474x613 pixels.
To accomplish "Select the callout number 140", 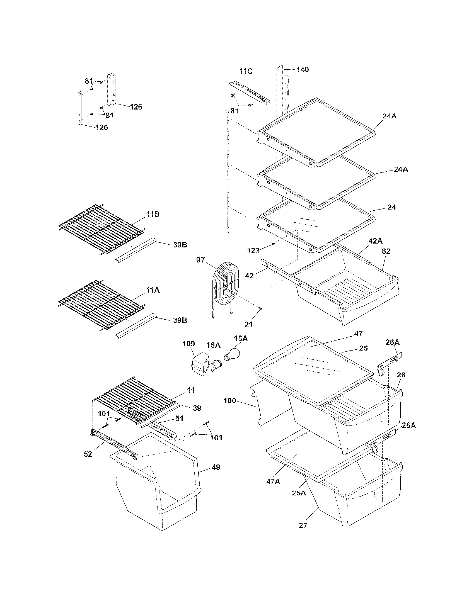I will (x=303, y=70).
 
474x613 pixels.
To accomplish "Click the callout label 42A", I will (x=376, y=241).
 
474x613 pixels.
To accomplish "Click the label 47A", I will (x=273, y=481).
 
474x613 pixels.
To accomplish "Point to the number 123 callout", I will (x=253, y=251).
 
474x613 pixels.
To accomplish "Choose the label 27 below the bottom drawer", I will (x=303, y=525).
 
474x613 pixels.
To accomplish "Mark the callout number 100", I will (x=230, y=400).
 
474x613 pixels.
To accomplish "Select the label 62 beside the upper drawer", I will (x=386, y=251).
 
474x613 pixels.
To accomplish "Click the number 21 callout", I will (x=248, y=325).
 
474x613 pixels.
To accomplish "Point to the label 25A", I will (x=299, y=493).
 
